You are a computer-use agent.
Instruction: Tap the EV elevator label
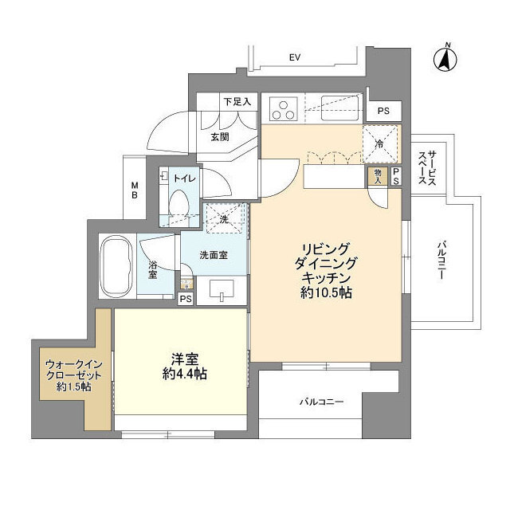point(294,57)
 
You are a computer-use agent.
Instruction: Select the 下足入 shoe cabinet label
point(237,102)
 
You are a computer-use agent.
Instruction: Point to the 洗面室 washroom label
point(214,256)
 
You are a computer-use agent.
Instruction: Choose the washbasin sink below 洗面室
point(221,292)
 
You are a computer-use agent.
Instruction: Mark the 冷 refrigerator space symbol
point(380,144)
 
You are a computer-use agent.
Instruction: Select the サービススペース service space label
point(426,168)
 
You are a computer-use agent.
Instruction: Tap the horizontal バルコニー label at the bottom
point(321,402)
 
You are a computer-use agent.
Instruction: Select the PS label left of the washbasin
point(186,300)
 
